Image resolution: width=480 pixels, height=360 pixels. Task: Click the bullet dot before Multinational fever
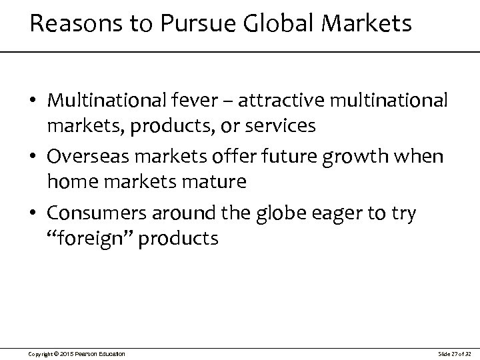[33, 102]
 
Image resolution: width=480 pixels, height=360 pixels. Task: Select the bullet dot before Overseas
[33, 158]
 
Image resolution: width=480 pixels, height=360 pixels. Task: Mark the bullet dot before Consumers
[33, 213]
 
